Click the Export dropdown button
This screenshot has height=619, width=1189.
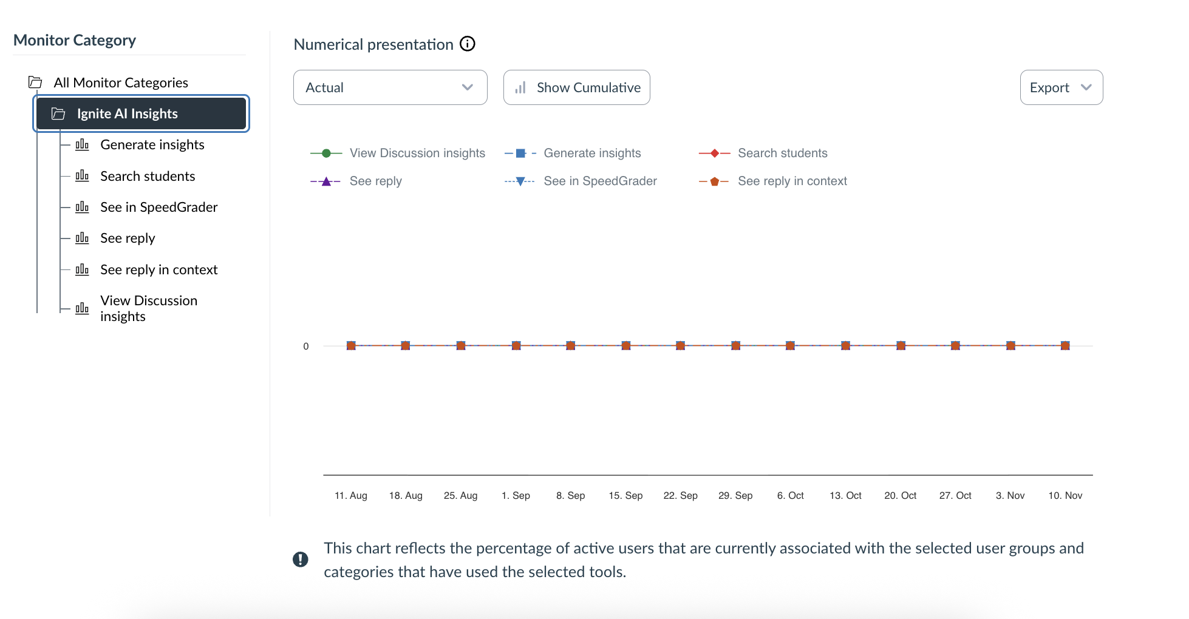click(1061, 87)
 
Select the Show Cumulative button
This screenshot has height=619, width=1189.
click(576, 87)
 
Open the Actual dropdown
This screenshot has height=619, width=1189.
click(390, 87)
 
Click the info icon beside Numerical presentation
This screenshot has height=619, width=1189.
click(468, 44)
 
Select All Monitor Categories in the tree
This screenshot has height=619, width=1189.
click(120, 83)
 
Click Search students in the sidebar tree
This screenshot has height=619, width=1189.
click(148, 176)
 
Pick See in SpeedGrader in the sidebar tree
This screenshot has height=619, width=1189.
click(158, 207)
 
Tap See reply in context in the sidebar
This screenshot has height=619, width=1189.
click(158, 269)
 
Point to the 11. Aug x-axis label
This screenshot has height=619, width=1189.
click(351, 495)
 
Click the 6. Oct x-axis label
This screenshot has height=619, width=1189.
click(790, 495)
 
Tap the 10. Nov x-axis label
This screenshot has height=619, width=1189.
click(1065, 495)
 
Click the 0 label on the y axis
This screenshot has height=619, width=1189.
click(306, 346)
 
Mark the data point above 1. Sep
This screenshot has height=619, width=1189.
click(516, 345)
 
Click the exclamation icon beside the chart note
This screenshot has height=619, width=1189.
click(301, 559)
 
